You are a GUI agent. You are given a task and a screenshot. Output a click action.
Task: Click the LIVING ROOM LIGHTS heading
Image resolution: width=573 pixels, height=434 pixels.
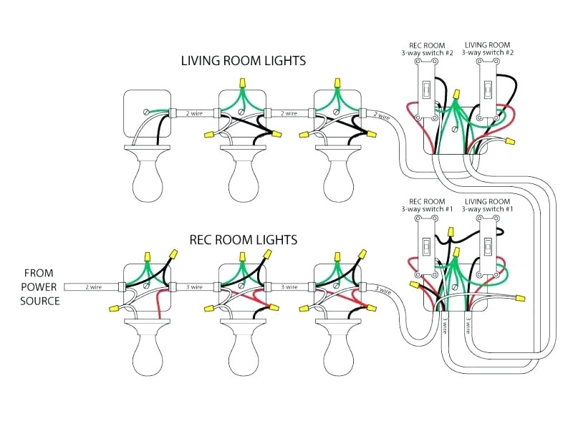pos(243,61)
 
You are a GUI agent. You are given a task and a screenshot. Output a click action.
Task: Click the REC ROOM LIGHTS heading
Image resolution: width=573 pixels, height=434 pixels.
pos(243,239)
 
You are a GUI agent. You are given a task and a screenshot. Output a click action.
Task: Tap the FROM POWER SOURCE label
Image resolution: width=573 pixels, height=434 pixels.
pos(41,286)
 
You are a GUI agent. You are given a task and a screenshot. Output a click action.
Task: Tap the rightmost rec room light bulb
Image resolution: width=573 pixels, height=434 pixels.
pos(338,355)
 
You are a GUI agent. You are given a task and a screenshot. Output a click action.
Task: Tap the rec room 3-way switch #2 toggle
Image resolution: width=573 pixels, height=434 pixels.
pos(426,90)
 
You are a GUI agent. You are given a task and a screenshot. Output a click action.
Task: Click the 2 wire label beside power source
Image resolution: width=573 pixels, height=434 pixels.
pos(94,286)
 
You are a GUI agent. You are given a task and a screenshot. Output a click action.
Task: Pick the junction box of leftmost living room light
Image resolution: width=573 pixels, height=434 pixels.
pos(146,113)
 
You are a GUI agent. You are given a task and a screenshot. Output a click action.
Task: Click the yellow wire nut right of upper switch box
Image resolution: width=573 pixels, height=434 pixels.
pos(510,143)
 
